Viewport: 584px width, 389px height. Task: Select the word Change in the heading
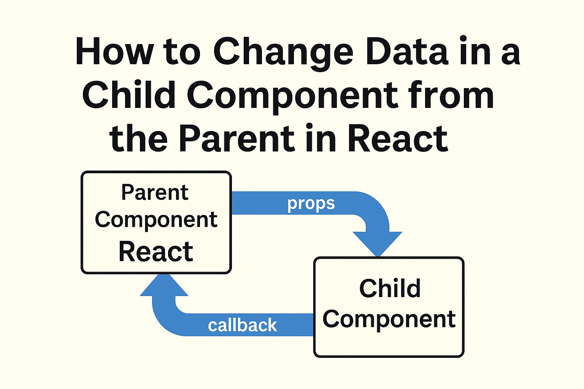284,54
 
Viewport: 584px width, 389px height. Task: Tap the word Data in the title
407,51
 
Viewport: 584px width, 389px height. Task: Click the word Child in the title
129,94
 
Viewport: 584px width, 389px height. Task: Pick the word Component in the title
292,96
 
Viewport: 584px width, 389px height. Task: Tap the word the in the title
138,138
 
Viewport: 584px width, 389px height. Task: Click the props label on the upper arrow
311,203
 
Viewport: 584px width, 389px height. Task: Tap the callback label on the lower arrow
242,325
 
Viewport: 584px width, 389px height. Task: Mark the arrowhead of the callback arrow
164,285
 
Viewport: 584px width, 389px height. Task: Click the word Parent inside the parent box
155,193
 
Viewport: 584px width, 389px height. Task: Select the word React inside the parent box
156,251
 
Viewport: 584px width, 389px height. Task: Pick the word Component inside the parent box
156,220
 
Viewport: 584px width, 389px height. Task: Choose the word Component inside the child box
389,320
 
